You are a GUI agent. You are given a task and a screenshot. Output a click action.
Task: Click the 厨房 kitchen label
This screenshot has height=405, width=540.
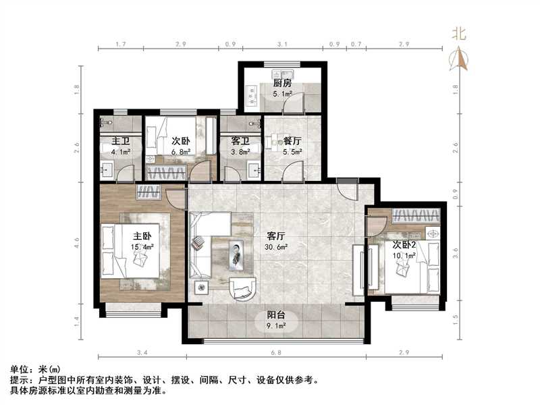282,83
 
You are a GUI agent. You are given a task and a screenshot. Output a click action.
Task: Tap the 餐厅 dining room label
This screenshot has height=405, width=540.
292,141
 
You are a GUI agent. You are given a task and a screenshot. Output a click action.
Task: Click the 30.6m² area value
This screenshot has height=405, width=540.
277,247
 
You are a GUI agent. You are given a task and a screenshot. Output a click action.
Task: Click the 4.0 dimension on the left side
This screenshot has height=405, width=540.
78,242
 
